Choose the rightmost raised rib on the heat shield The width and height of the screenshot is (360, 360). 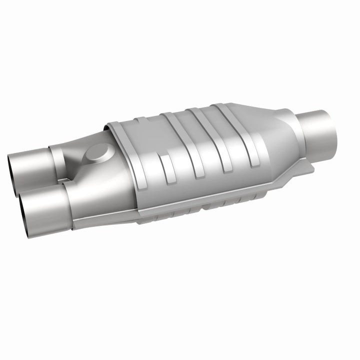pos(225,135)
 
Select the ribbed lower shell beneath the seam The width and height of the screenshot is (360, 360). pos(200,210)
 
